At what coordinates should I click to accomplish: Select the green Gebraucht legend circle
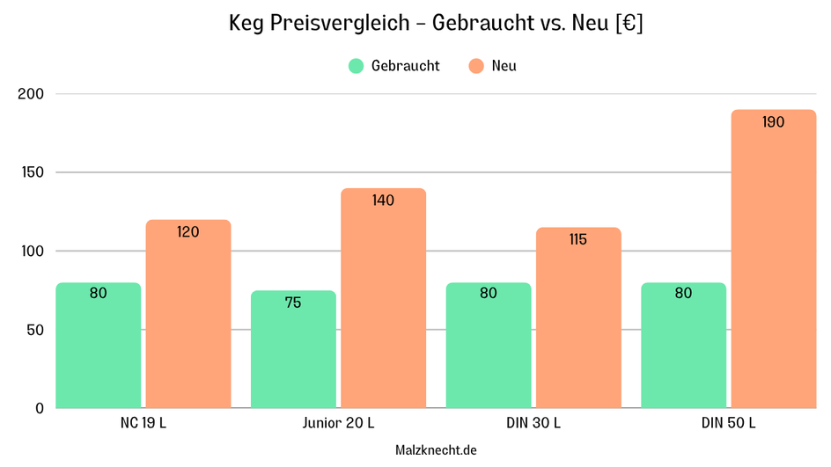click(x=356, y=66)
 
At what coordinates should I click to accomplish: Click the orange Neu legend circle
click(x=476, y=66)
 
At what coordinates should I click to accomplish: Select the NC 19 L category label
click(x=143, y=423)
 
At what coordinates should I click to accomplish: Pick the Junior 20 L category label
click(x=338, y=423)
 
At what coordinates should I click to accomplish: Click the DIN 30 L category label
click(x=533, y=423)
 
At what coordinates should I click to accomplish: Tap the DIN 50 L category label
click(x=728, y=423)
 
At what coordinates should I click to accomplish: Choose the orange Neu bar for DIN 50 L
click(x=773, y=264)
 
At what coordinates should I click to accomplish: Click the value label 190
click(x=773, y=122)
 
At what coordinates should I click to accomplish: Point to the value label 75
click(x=293, y=303)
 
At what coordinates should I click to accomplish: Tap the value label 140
click(x=383, y=201)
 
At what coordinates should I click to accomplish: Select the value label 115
click(x=577, y=239)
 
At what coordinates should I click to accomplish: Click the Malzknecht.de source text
click(x=436, y=449)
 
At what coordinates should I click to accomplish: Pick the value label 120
click(x=188, y=232)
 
